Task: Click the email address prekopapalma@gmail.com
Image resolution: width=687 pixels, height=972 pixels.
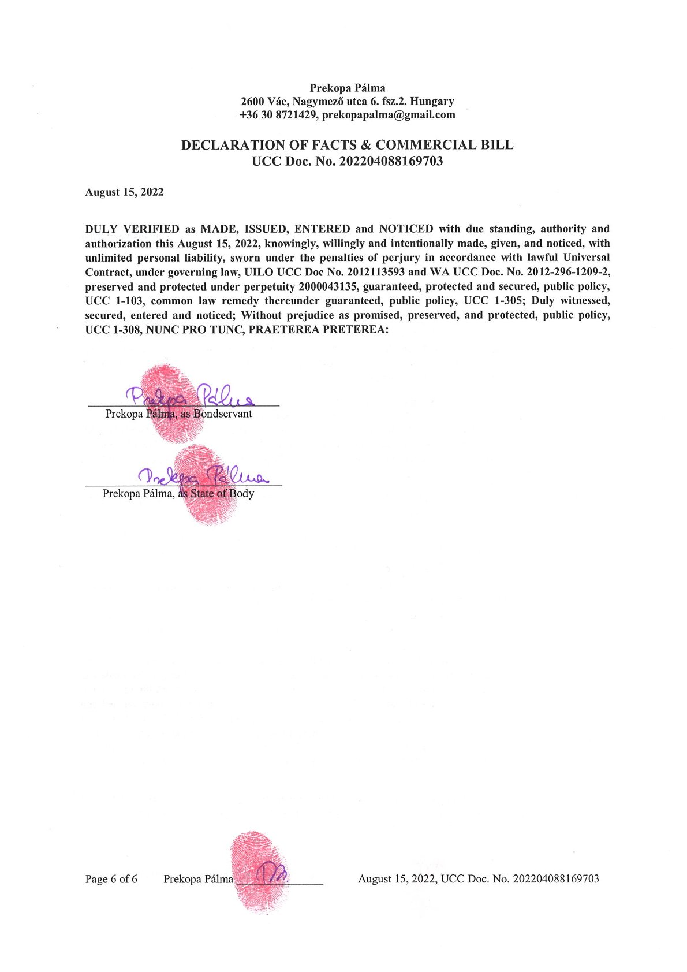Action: (389, 115)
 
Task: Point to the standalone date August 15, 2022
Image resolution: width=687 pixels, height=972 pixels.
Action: (124, 192)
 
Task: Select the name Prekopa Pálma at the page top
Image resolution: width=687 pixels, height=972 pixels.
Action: (348, 88)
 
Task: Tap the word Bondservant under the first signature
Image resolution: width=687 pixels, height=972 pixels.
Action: (223, 414)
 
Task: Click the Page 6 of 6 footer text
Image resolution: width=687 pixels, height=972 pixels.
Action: (111, 879)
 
